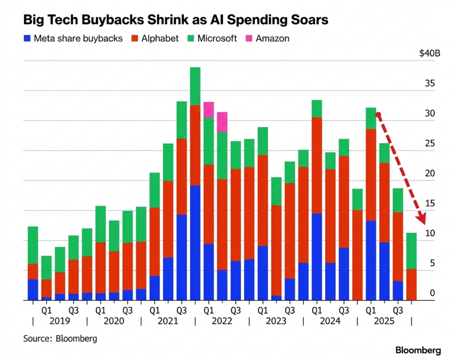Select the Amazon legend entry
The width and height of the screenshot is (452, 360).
tap(272, 38)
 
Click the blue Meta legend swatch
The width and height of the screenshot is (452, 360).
tap(27, 38)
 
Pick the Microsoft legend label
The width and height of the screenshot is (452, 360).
tap(217, 38)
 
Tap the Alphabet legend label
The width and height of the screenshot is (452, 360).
tap(160, 38)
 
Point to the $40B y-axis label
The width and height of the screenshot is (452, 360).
tap(430, 54)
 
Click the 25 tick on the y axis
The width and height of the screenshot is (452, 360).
tap(430, 143)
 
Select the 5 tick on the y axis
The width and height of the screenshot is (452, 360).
tap(433, 263)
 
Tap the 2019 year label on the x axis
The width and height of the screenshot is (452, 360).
tap(60, 321)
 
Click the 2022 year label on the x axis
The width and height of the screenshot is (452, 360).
tap(222, 321)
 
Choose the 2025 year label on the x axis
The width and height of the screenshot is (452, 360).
tap(384, 321)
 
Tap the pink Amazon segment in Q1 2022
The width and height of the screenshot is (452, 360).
tap(208, 109)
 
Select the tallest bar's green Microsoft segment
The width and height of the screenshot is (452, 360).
tap(195, 86)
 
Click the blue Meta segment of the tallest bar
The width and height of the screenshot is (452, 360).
tap(195, 243)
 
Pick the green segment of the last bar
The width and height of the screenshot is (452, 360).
tap(411, 251)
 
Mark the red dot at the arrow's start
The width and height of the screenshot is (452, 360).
tap(378, 115)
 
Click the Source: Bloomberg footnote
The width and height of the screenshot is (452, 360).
tap(60, 339)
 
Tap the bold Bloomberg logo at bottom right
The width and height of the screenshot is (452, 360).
tap(418, 351)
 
